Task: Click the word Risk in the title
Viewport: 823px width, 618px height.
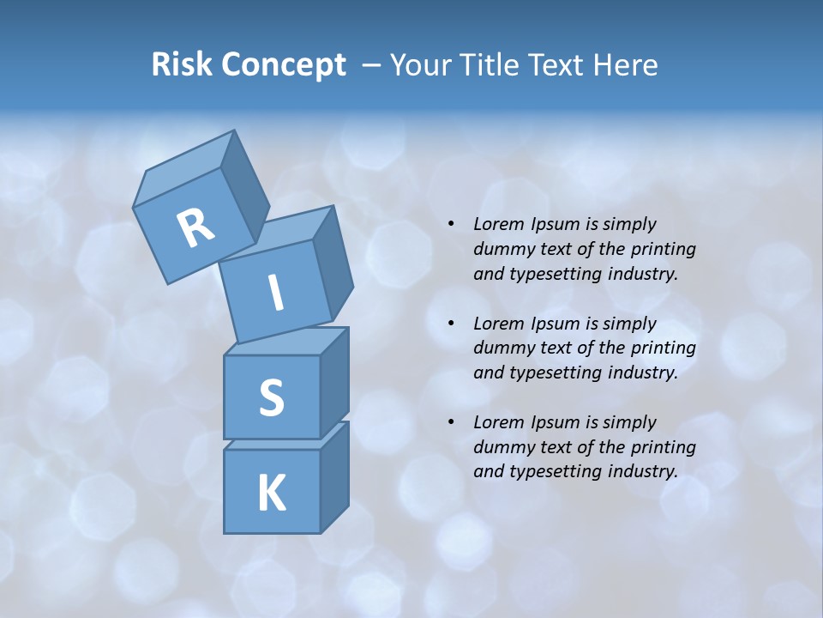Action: coord(181,64)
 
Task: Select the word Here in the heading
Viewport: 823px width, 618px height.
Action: coord(628,64)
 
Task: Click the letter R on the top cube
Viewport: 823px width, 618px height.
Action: coord(195,227)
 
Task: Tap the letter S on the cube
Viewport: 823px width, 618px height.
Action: coord(271,397)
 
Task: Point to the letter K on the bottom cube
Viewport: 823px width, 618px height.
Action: coord(271,493)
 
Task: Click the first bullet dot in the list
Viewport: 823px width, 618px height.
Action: coord(451,224)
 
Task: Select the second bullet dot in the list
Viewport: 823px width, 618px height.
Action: coord(451,323)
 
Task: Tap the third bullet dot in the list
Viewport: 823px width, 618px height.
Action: coord(451,421)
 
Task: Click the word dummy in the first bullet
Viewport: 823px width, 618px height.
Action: coord(502,249)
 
